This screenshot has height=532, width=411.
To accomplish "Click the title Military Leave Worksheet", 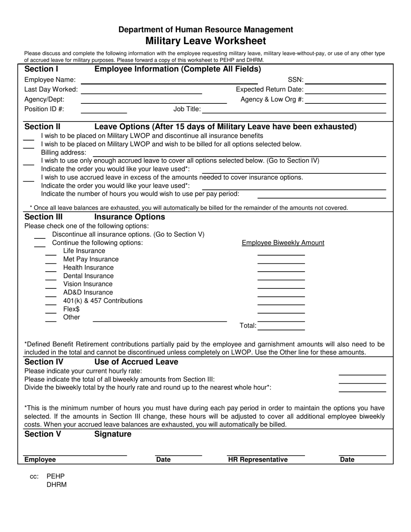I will click(205, 41).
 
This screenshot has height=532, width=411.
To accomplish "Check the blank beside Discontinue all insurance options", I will click(40, 236).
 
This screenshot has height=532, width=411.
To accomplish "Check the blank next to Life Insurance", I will click(51, 253).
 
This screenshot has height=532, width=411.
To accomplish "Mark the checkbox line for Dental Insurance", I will click(51, 278).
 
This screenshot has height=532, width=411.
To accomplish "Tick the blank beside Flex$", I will click(51, 311).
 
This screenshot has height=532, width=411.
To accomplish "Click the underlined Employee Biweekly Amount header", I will click(283, 243).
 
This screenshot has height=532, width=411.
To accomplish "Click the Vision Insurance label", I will click(88, 284).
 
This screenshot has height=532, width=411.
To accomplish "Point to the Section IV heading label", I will click(44, 362).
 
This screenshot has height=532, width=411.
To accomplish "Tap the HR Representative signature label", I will click(258, 460).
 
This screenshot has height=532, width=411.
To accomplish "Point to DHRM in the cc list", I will click(57, 485).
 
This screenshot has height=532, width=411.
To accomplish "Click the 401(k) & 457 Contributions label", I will click(103, 301).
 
